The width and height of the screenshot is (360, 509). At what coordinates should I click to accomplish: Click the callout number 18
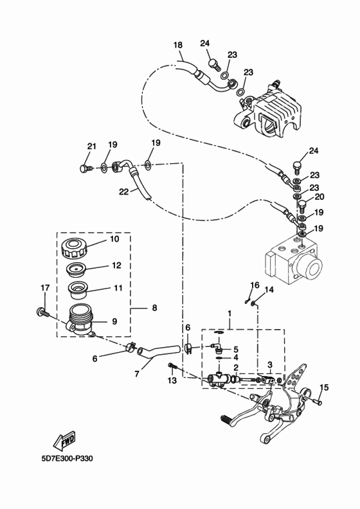[x=178, y=45]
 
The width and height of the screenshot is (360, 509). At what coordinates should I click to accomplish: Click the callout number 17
[x=45, y=287]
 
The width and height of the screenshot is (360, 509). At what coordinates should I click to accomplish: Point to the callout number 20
[x=319, y=197]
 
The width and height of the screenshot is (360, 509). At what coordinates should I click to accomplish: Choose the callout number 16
[x=255, y=285]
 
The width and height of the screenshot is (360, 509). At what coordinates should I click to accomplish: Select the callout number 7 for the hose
[x=136, y=372]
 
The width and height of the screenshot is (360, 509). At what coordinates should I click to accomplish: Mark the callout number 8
[x=154, y=308]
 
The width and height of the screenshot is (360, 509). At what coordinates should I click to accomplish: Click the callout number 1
[x=228, y=313]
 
